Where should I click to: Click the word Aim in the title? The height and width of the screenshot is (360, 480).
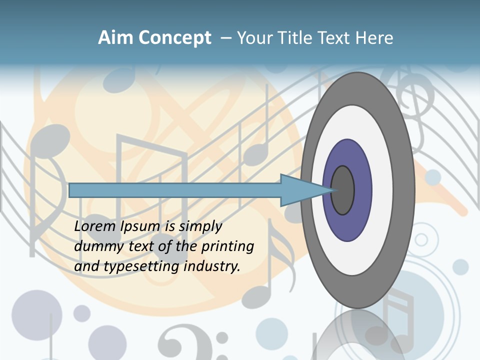click(x=115, y=38)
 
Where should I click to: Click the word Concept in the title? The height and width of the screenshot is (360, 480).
click(x=174, y=38)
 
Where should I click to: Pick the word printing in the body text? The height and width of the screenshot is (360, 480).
click(x=227, y=247)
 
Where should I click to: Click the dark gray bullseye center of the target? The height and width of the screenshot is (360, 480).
click(x=342, y=190)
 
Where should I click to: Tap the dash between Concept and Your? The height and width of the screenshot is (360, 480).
click(x=225, y=38)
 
